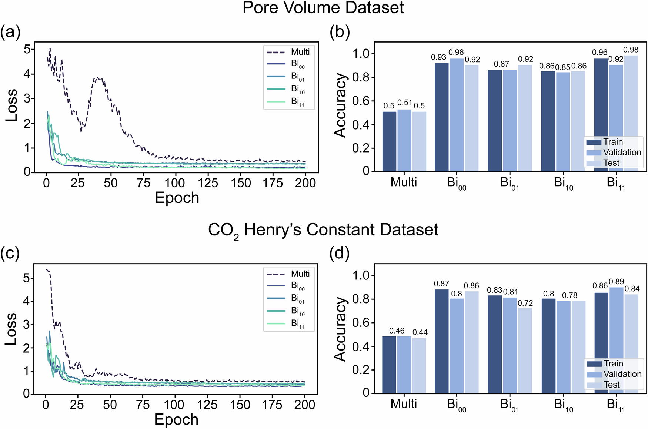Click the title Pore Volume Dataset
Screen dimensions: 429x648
click(323, 8)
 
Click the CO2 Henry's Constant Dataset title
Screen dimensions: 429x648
click(323, 230)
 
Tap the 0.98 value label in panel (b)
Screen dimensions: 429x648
click(631, 50)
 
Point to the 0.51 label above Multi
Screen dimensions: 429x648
click(404, 103)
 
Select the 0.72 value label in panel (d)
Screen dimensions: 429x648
click(525, 304)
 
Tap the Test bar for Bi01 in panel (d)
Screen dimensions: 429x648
click(525, 350)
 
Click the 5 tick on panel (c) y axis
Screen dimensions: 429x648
click(26, 278)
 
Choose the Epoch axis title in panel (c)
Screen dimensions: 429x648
click(176, 420)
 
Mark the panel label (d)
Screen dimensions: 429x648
click(340, 254)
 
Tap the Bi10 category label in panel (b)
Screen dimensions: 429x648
click(563, 183)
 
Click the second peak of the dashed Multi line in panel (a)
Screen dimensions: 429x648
click(98, 77)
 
